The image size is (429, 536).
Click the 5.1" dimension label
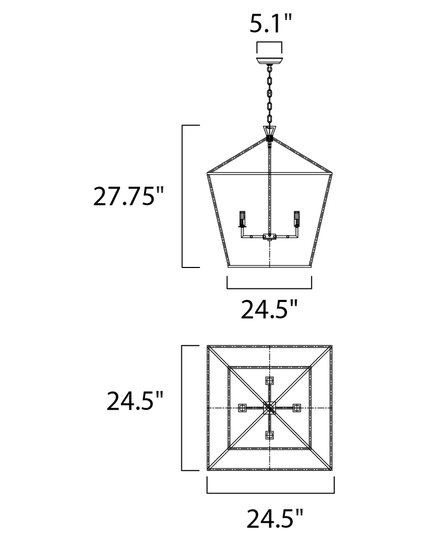point(269,24)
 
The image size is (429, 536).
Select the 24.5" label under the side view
point(269,309)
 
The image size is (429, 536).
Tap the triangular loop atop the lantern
point(269,131)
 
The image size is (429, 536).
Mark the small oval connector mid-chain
point(269,94)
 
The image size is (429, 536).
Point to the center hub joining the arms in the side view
point(269,237)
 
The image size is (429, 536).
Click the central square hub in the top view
point(270,407)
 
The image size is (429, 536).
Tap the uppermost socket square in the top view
point(270,381)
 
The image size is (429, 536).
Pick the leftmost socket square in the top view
point(243,407)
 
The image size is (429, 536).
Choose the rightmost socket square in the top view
point(297,407)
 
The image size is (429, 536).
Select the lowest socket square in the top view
point(270,434)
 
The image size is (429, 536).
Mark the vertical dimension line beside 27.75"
point(182,196)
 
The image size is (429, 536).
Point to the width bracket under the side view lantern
point(269,288)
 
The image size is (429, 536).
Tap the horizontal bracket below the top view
point(270,493)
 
